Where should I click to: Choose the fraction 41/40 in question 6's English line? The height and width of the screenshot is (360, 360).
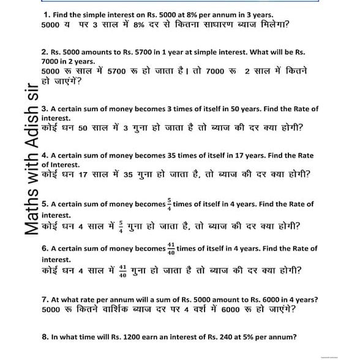pos(171,248)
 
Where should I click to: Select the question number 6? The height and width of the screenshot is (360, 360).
pos(45,249)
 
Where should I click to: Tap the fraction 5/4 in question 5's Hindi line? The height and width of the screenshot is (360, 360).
pos(120,226)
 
